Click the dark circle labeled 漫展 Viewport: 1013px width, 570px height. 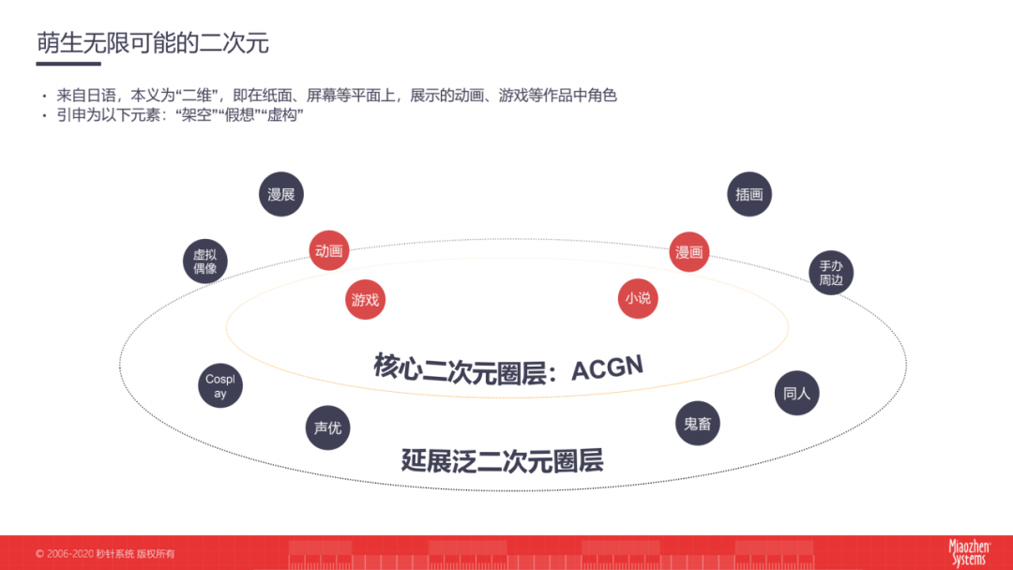tap(281, 194)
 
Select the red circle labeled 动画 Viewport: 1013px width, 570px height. tap(329, 250)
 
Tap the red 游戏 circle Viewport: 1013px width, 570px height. tap(365, 299)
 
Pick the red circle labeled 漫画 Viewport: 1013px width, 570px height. tap(688, 252)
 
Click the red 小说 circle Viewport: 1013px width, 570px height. tap(638, 298)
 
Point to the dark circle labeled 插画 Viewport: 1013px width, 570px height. tap(749, 194)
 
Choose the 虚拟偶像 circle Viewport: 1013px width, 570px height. tap(205, 262)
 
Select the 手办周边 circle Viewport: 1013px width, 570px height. tap(831, 273)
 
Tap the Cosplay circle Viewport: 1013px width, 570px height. tap(220, 386)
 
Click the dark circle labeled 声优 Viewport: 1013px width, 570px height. tap(327, 428)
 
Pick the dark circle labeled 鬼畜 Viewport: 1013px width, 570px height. tap(698, 424)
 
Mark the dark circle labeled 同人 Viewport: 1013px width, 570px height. tap(796, 393)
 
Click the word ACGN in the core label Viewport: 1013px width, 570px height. tap(607, 368)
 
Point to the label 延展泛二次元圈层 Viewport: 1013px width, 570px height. tap(503, 461)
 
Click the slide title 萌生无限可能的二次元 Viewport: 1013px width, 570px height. tap(153, 42)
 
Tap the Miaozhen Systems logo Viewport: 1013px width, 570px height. tap(969, 552)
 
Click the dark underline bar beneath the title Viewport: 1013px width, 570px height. tap(68, 63)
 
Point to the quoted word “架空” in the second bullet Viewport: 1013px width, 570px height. tap(196, 115)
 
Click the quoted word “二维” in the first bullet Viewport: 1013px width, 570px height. tap(196, 96)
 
